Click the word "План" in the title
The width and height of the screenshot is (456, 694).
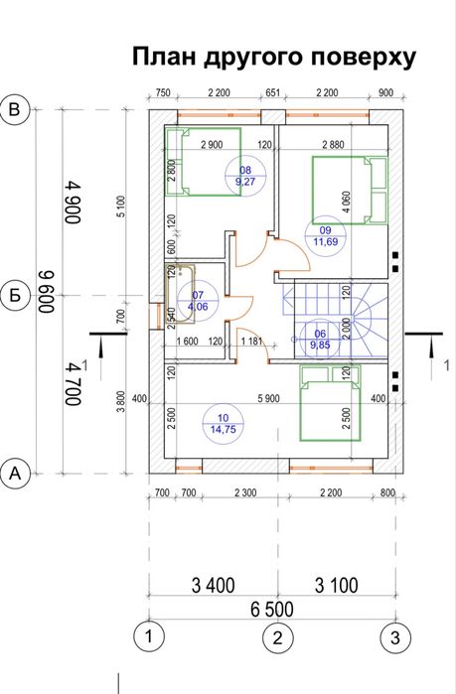[164, 58]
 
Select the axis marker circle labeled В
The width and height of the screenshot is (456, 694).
[15, 109]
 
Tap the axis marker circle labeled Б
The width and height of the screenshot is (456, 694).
[15, 295]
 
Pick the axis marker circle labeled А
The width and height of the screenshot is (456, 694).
[15, 474]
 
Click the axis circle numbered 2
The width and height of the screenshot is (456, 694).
[277, 637]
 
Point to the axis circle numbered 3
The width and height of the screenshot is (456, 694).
[395, 637]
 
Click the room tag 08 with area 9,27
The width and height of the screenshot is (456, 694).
[245, 176]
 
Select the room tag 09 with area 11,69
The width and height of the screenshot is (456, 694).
[326, 236]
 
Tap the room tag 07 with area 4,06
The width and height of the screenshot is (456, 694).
[198, 301]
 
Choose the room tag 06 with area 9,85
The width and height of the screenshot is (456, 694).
[320, 340]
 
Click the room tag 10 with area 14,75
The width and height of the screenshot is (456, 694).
[224, 424]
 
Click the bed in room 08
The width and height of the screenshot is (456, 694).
[204, 162]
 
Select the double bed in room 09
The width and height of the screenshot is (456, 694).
[350, 190]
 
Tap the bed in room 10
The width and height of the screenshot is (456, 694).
[330, 403]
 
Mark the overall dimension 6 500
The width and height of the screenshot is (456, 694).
[272, 610]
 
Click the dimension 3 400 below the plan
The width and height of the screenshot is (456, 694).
[213, 585]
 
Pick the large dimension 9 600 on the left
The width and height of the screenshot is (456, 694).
[46, 291]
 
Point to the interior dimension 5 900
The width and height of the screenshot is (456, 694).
[269, 399]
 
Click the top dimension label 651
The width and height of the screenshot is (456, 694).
[273, 92]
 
